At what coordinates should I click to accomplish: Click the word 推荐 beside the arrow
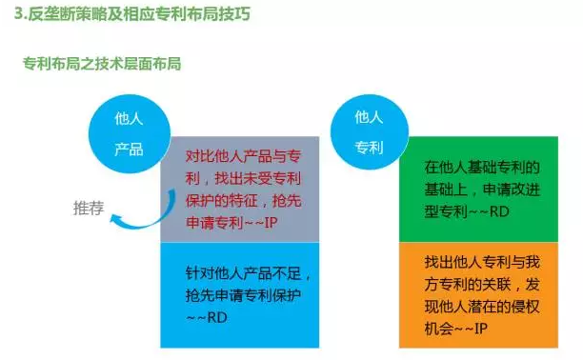tap(89, 208)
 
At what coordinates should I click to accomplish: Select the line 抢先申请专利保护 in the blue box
tap(243, 294)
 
